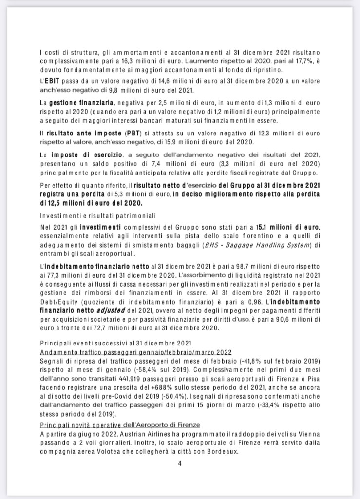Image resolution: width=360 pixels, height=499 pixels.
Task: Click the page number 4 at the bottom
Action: (x=180, y=463)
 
